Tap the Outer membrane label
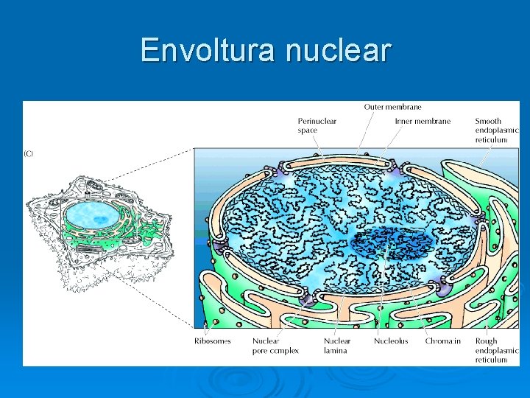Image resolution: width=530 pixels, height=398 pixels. point(392,107)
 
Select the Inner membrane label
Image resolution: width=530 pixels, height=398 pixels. point(423,122)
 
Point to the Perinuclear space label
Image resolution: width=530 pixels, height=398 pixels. point(317,126)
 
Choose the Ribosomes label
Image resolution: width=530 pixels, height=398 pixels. point(212,341)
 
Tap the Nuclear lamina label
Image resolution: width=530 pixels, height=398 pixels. point(337,346)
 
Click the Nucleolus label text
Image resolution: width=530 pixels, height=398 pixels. point(391,341)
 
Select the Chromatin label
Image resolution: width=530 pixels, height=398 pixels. point(443,341)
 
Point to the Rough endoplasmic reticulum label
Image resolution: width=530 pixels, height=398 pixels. point(496,350)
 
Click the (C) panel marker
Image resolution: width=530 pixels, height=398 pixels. point(29,153)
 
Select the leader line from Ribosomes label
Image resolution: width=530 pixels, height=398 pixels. point(209,324)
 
